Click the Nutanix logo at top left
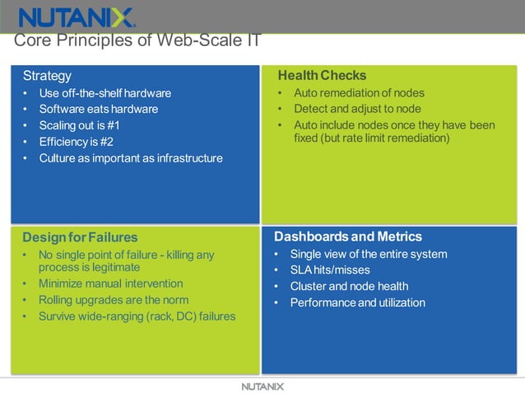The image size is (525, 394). [x=77, y=17]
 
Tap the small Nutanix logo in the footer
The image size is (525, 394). [x=262, y=386]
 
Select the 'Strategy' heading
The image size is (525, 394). [x=47, y=76]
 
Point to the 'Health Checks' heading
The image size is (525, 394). [x=322, y=76]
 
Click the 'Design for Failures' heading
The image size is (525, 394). [x=80, y=237]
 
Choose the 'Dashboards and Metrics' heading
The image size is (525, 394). [x=348, y=237]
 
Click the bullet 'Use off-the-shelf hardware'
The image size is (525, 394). [x=105, y=93]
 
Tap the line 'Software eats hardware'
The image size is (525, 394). [x=99, y=109]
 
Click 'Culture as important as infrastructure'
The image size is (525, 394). [x=131, y=158]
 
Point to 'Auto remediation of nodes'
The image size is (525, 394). [x=360, y=93]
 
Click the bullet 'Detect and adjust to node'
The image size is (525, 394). [x=357, y=109]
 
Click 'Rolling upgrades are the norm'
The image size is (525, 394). [x=114, y=300]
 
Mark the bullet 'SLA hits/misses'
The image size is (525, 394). [x=330, y=270]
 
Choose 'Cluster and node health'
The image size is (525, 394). [x=349, y=287]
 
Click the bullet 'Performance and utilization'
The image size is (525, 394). [x=358, y=303]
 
